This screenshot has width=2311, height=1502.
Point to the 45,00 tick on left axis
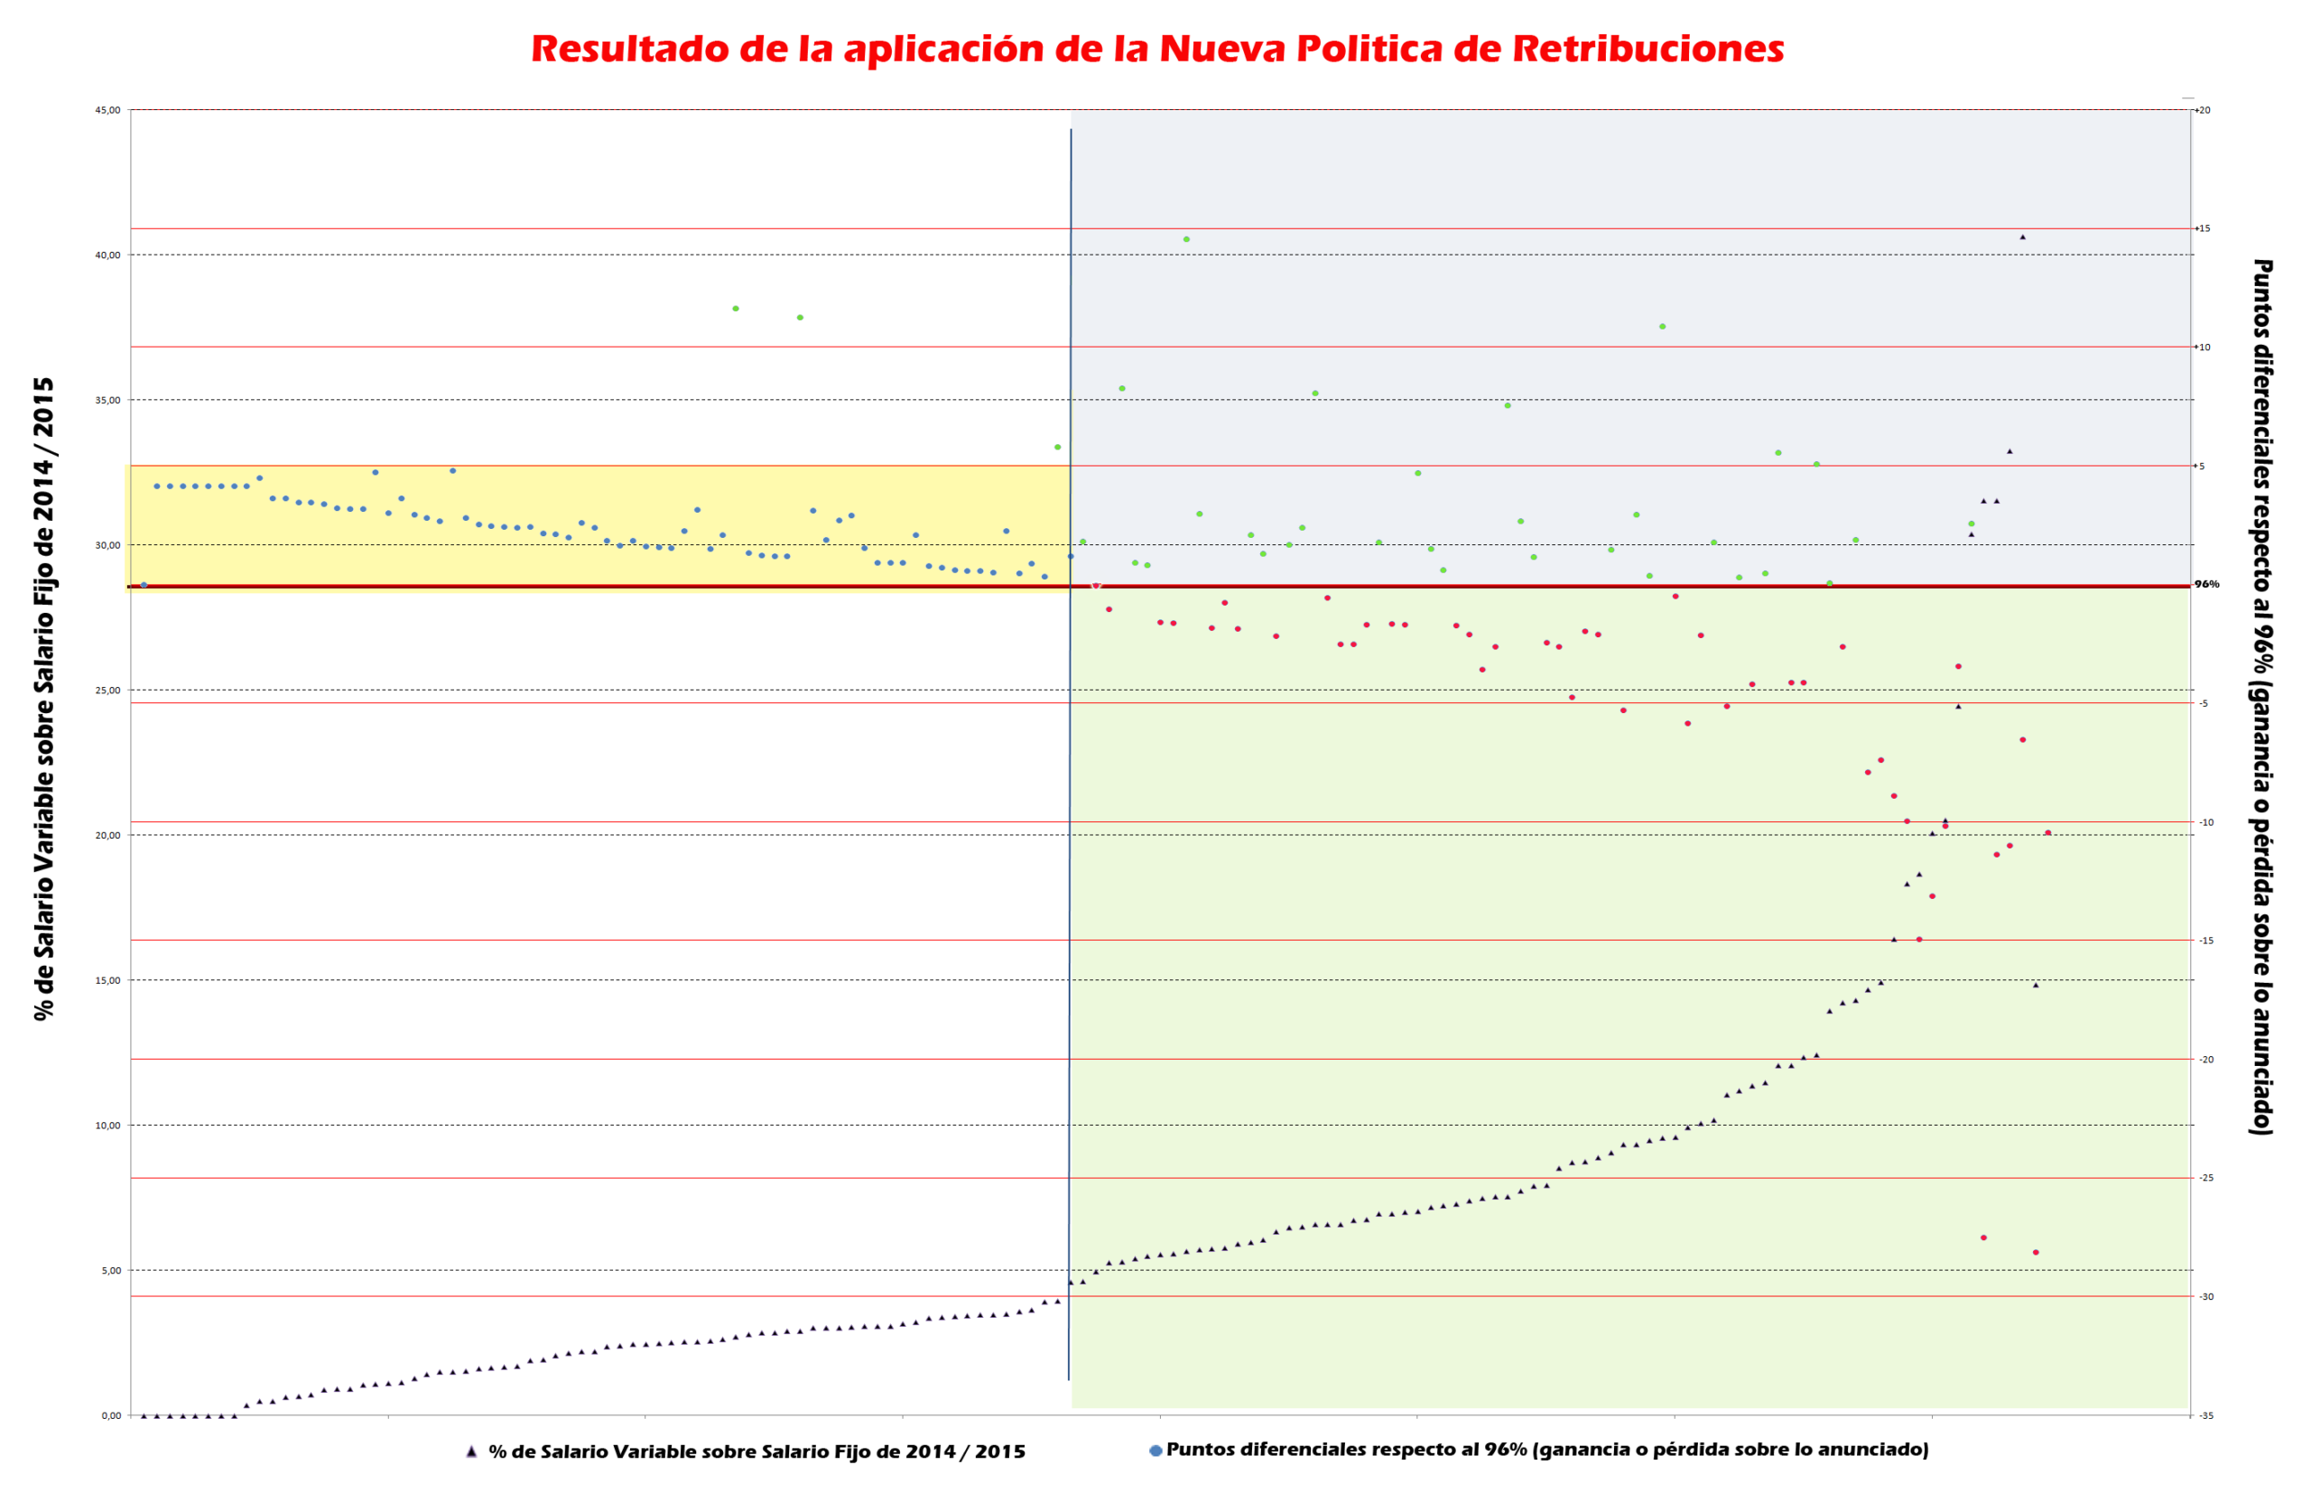click(x=107, y=111)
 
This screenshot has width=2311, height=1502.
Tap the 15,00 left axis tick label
click(x=107, y=980)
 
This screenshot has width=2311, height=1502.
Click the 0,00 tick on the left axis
click(x=111, y=1415)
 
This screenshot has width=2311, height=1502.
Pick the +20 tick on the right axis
click(x=2204, y=111)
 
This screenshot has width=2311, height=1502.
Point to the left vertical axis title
click(x=44, y=699)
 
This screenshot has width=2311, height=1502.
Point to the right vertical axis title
click(x=2262, y=697)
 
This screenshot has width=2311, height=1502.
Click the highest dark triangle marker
click(x=2023, y=236)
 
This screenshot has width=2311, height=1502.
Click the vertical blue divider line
click(x=1070, y=777)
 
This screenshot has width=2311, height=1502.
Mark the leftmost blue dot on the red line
click(x=144, y=586)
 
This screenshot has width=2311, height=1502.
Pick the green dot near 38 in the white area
click(x=735, y=309)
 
